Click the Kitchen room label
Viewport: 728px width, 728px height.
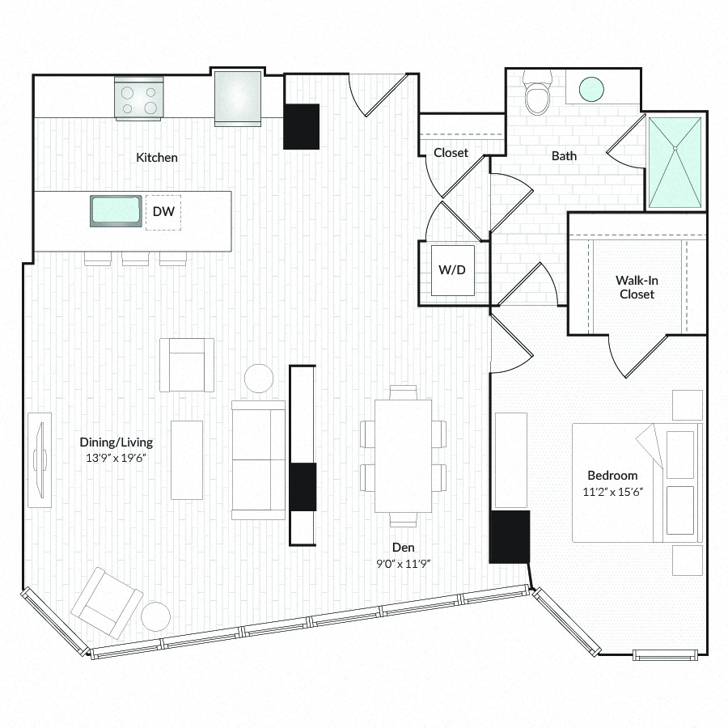157,158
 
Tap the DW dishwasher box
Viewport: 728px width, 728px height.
163,213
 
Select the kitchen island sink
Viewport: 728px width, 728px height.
116,212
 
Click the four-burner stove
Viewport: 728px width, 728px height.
138,99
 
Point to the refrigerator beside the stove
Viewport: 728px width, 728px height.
238,97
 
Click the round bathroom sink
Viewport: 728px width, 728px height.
592,89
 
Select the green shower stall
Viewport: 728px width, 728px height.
675,162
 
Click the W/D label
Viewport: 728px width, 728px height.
452,269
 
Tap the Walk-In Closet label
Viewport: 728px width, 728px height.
637,287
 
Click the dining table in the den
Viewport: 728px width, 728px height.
403,455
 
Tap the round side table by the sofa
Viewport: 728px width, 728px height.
259,379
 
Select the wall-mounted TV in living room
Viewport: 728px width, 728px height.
39,459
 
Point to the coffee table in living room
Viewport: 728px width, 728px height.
187,459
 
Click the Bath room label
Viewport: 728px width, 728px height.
564,155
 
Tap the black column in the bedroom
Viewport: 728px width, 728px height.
510,536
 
